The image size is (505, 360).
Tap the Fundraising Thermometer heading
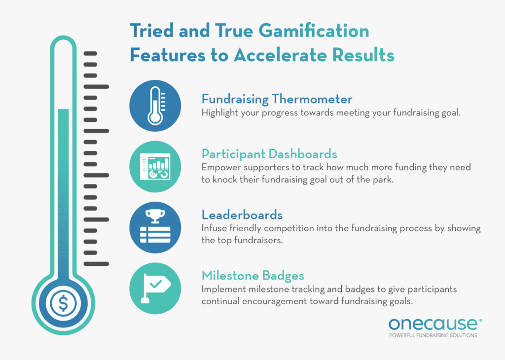[x=277, y=99]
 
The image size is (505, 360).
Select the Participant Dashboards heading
[x=269, y=153]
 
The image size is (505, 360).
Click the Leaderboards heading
[x=242, y=215]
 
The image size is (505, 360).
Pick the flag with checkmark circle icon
[x=155, y=288]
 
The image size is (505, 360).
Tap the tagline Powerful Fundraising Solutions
[x=433, y=336]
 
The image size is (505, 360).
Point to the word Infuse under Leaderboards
[x=213, y=229]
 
